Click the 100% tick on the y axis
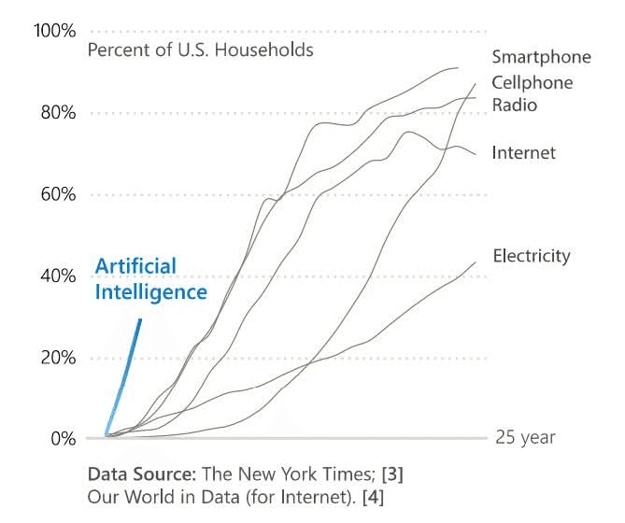54,32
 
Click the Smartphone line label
541,57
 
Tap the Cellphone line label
533,83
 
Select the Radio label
515,105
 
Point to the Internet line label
523,152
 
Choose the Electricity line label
531,256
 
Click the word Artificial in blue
136,267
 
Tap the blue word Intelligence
150,292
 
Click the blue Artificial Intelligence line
124,378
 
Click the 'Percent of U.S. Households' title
200,49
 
